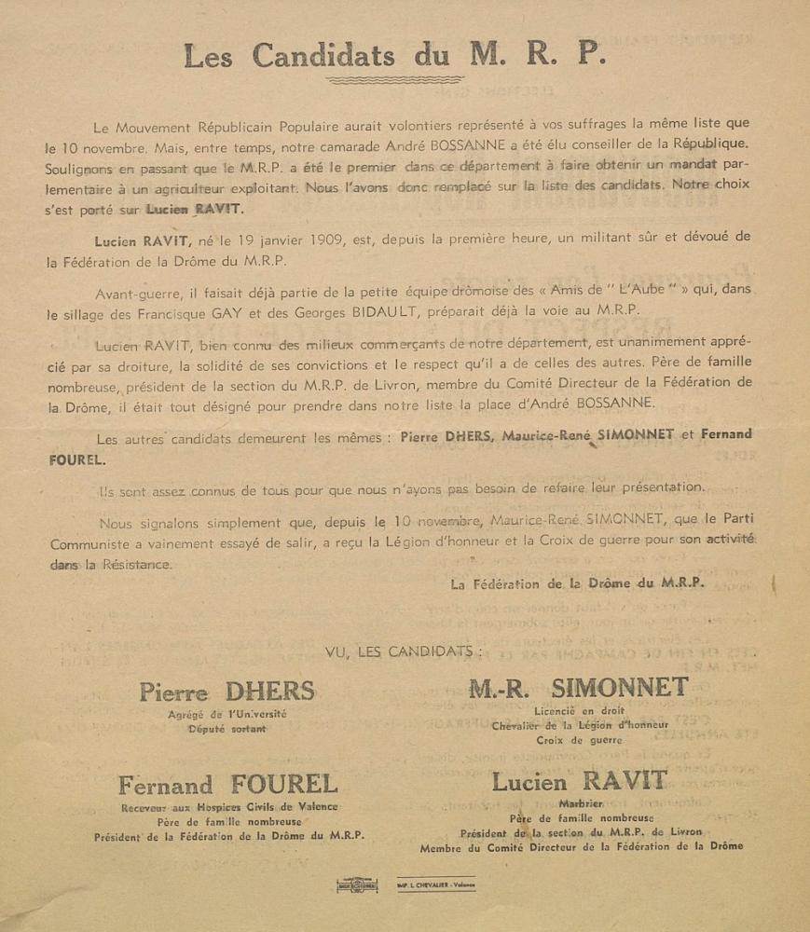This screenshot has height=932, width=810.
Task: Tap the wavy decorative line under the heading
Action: coord(395,80)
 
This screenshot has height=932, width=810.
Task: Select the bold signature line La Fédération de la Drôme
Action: coord(577,584)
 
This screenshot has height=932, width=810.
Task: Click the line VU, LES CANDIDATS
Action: coord(404,651)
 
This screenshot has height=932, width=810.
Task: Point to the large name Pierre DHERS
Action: coord(227,692)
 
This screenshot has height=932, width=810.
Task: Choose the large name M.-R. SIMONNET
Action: coord(578,689)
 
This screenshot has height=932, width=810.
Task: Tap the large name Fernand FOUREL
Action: coord(227,785)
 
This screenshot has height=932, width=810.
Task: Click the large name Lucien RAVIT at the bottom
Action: coord(579,781)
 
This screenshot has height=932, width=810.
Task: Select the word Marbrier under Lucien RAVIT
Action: coord(581,802)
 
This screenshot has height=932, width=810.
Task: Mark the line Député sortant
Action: coord(227,729)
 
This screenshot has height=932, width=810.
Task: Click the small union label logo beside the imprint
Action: coord(357,884)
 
